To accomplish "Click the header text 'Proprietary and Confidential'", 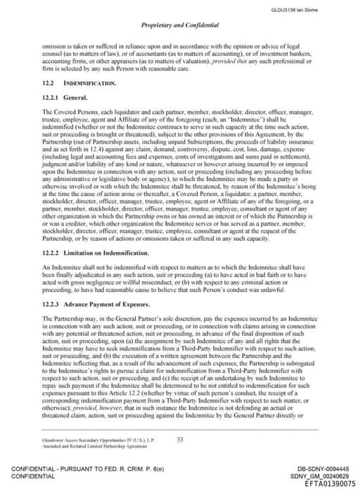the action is click(180, 25).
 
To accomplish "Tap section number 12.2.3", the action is click(51, 285).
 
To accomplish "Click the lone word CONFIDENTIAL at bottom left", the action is click(32, 476).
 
